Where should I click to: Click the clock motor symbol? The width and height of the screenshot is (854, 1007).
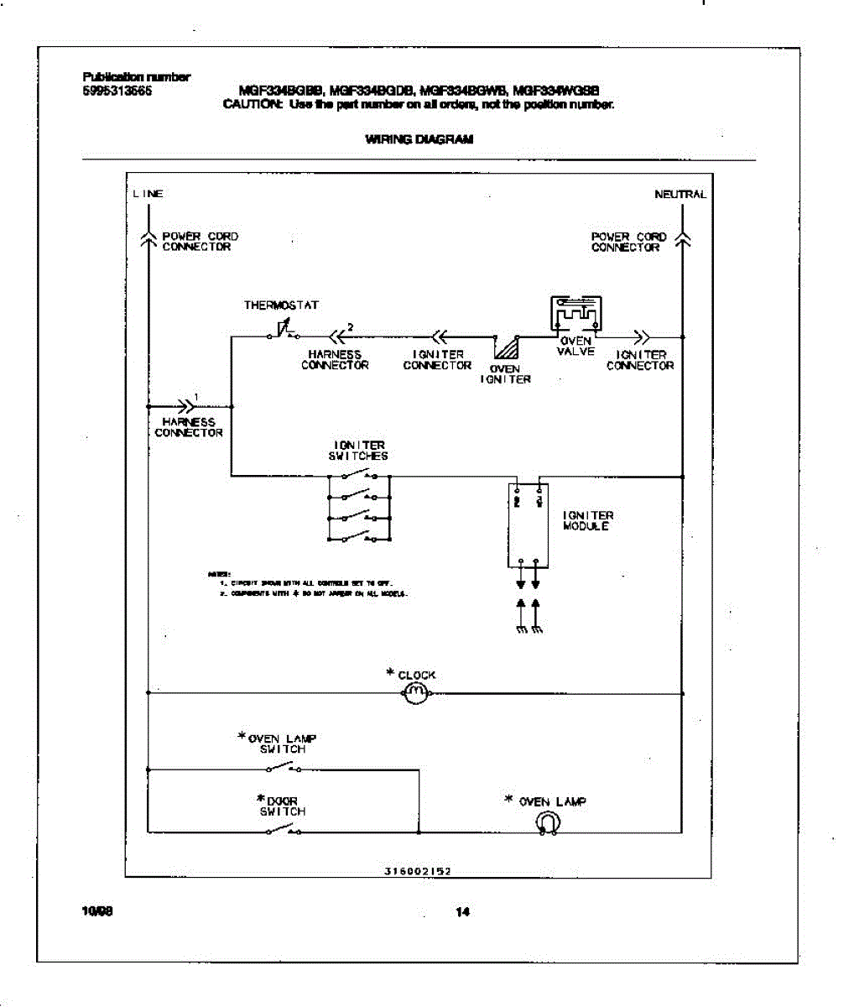[416, 693]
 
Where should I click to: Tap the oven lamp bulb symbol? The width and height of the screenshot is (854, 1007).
[547, 824]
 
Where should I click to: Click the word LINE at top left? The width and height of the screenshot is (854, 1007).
[148, 194]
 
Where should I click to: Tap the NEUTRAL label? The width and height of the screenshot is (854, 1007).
[680, 194]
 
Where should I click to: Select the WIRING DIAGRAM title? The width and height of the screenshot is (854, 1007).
[419, 139]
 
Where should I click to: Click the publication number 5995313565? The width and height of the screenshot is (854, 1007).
[117, 90]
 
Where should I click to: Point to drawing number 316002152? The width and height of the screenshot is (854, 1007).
[418, 871]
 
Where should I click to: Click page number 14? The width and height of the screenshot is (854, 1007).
[462, 912]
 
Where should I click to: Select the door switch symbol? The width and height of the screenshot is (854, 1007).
[283, 831]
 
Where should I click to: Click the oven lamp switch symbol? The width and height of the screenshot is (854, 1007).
[283, 768]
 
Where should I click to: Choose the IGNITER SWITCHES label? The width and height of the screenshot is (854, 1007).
[358, 451]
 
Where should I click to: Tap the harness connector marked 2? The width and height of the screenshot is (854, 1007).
[337, 337]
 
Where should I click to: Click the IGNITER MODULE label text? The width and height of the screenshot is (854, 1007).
[588, 520]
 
